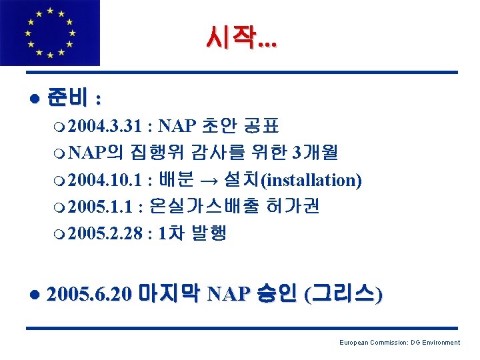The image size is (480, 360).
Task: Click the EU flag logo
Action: point(50,33)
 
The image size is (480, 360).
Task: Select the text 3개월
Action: point(315,153)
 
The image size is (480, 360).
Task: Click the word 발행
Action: point(209,234)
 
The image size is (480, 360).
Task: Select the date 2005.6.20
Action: point(93,294)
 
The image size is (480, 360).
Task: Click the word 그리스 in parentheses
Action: point(343,294)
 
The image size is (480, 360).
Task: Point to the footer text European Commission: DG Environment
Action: point(399,343)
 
